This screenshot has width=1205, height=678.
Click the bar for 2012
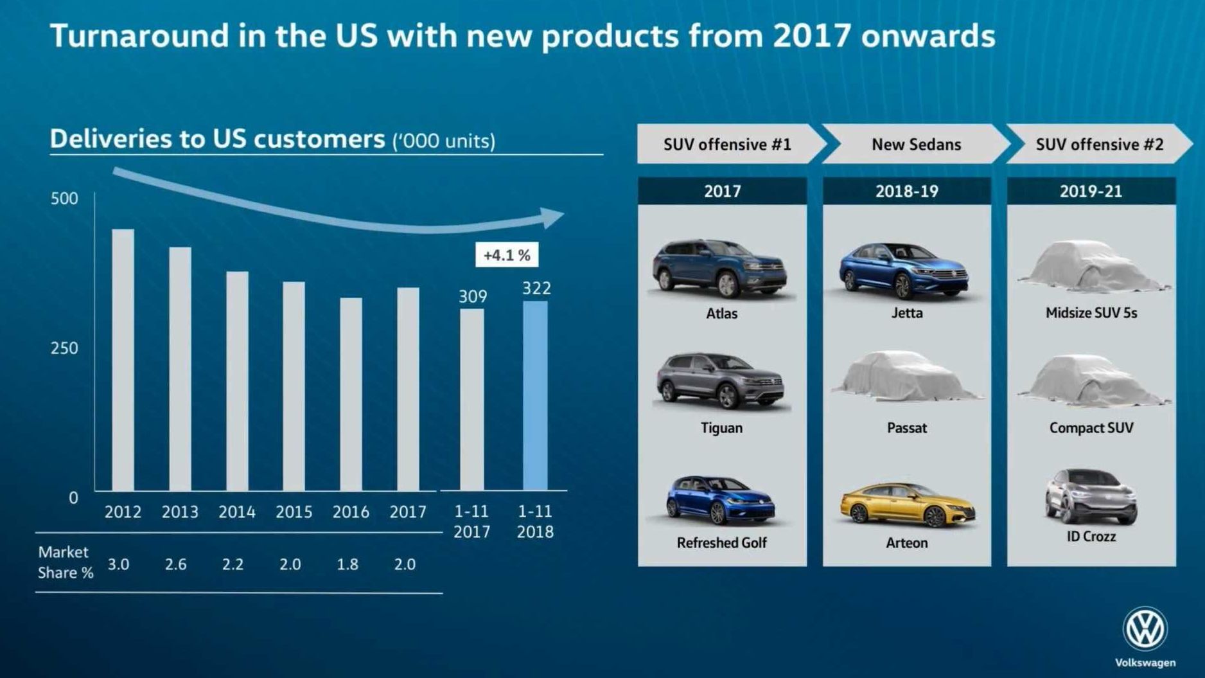pyautogui.click(x=123, y=360)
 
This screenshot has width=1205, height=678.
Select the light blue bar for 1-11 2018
pyautogui.click(x=535, y=395)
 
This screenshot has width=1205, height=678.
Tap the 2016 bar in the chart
pyautogui.click(x=351, y=394)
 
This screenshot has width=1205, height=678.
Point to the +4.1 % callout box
pyautogui.click(x=507, y=255)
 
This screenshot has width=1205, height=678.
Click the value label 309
pyautogui.click(x=473, y=296)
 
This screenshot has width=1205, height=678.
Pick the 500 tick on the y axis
pyautogui.click(x=64, y=199)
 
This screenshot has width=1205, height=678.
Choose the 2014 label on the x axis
pyautogui.click(x=236, y=512)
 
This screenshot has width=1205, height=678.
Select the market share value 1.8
pyautogui.click(x=347, y=564)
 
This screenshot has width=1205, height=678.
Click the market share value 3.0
pyautogui.click(x=118, y=564)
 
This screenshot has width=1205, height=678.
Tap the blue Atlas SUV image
pyautogui.click(x=721, y=269)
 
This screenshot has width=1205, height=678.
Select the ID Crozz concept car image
pyautogui.click(x=1091, y=496)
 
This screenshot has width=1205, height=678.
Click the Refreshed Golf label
pyautogui.click(x=721, y=543)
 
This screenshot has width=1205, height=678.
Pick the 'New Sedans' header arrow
pyautogui.click(x=916, y=145)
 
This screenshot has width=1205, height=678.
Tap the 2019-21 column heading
pyautogui.click(x=1091, y=192)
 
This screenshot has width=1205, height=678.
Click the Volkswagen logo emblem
pyautogui.click(x=1145, y=629)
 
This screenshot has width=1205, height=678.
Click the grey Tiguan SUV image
pyautogui.click(x=721, y=381)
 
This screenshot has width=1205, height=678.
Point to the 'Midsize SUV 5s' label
pyautogui.click(x=1091, y=313)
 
